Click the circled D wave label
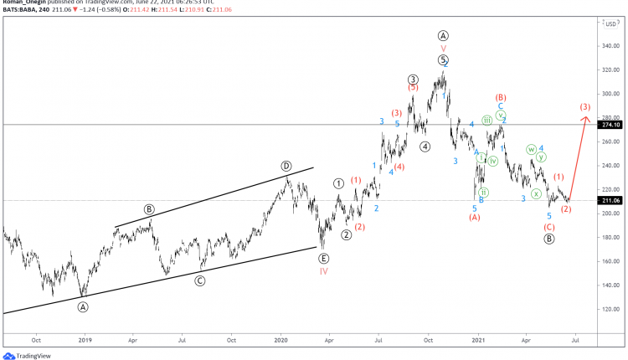tap(286, 166)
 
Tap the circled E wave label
tap(324, 259)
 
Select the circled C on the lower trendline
tap(200, 280)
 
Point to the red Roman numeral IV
tap(324, 271)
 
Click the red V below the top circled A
tap(444, 48)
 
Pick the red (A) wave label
tap(474, 218)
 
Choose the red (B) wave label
tap(501, 98)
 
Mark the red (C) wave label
tap(549, 227)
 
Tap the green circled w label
tap(531, 150)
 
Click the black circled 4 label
tap(425, 147)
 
